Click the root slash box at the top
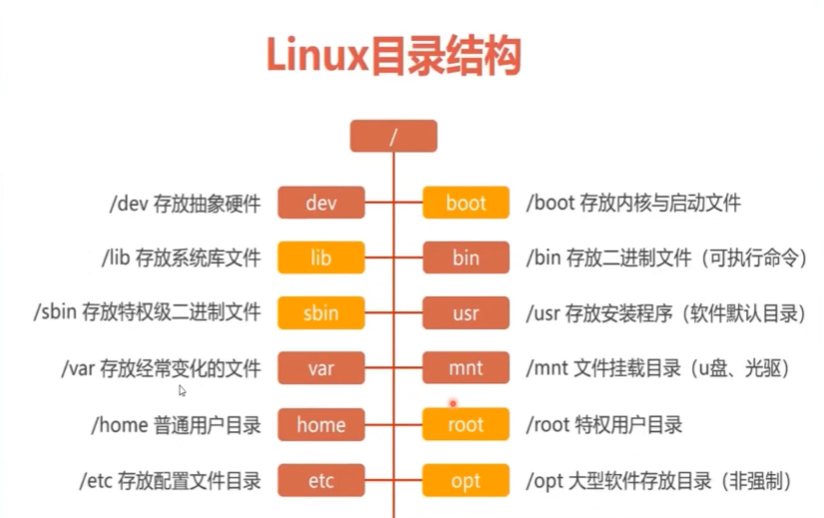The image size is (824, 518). point(393,137)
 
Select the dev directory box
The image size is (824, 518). point(320,204)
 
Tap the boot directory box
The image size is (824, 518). point(466,204)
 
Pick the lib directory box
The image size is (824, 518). point(320,259)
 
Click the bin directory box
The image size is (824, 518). point(466,259)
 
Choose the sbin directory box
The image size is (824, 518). point(320,313)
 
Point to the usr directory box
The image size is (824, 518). point(466,313)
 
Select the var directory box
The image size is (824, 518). point(320,368)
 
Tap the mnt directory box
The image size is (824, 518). point(466,368)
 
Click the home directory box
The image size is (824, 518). point(320,424)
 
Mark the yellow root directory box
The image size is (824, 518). point(466,424)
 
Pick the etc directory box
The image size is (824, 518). point(320,481)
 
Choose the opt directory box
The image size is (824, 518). point(466,481)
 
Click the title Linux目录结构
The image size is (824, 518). point(393,57)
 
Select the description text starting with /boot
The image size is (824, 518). point(633,204)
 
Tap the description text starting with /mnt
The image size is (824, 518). point(657,368)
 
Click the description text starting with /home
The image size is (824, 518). point(176,424)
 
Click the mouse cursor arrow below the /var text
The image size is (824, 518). point(182,390)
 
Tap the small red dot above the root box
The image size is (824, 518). point(452,403)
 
